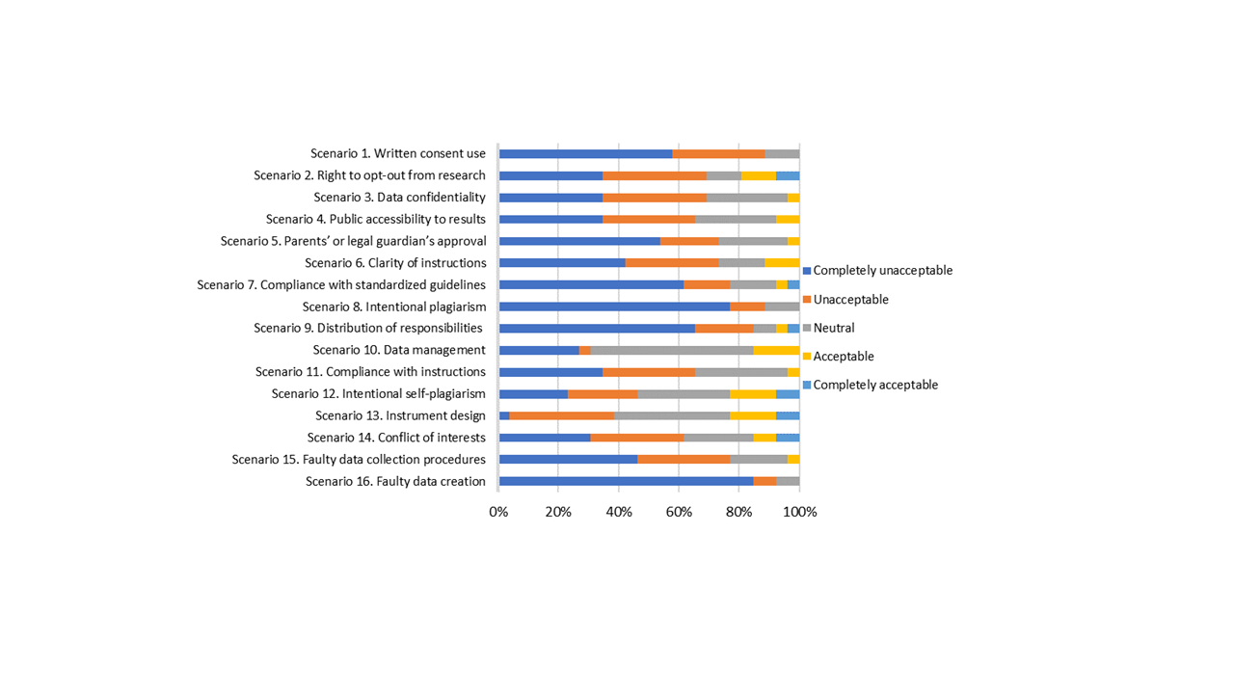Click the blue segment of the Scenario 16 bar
click(626, 481)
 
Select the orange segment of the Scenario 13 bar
click(561, 415)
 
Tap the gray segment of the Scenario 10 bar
click(672, 350)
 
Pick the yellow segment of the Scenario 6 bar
click(782, 262)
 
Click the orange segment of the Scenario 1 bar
click(718, 153)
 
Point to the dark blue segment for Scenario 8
click(614, 307)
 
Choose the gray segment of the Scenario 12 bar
click(684, 393)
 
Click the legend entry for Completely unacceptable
click(882, 271)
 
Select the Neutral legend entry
click(833, 328)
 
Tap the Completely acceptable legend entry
click(874, 385)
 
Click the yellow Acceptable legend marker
click(808, 357)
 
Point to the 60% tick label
click(679, 512)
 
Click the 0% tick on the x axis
click(498, 512)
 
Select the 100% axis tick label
click(799, 512)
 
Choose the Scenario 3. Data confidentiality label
click(399, 197)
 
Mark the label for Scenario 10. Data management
click(398, 350)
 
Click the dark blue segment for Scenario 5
click(579, 241)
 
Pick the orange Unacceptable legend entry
click(850, 300)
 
